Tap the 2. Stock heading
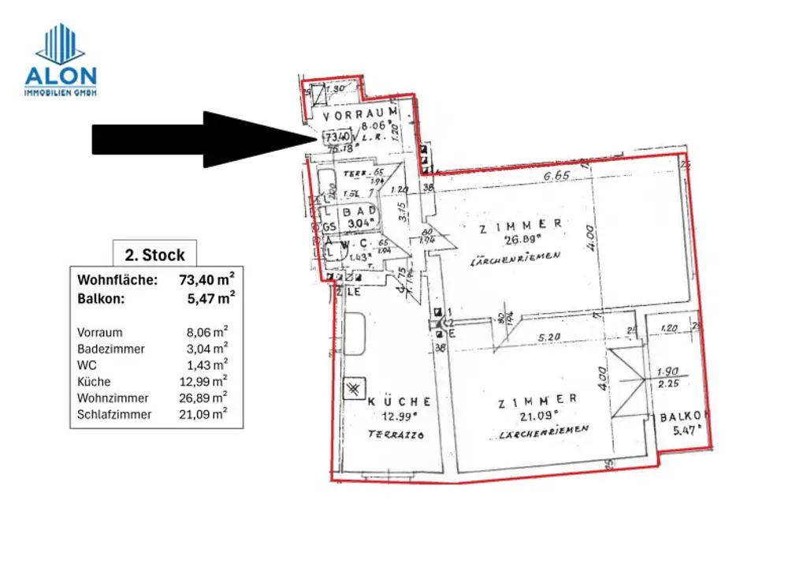pyautogui.click(x=154, y=255)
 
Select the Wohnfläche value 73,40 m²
pyautogui.click(x=208, y=279)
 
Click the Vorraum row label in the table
pyautogui.click(x=100, y=333)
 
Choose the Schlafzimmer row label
pyautogui.click(x=114, y=414)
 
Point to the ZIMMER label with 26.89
pyautogui.click(x=522, y=225)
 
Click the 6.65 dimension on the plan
pyautogui.click(x=556, y=175)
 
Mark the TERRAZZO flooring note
pyautogui.click(x=396, y=435)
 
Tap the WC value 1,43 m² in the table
pyautogui.click(x=208, y=365)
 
